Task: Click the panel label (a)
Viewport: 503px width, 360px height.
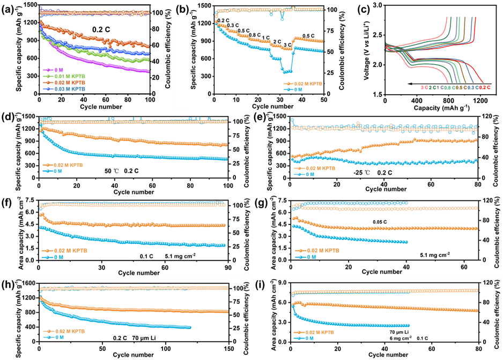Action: click(x=7, y=9)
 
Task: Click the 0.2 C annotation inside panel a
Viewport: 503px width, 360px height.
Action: click(x=101, y=29)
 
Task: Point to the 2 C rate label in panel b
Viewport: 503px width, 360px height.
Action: click(x=277, y=42)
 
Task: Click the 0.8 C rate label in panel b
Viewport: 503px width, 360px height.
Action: click(x=254, y=35)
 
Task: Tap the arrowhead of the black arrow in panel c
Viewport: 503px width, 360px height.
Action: click(x=409, y=84)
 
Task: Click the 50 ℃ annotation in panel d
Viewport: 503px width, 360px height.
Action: click(x=112, y=171)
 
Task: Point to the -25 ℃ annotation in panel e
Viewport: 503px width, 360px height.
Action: click(x=361, y=172)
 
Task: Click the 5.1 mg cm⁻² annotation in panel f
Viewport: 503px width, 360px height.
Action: click(x=180, y=256)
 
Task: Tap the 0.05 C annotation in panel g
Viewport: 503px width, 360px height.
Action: click(x=380, y=222)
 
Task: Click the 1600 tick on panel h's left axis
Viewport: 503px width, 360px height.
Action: click(x=31, y=283)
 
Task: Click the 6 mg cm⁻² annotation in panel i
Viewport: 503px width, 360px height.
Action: click(x=401, y=338)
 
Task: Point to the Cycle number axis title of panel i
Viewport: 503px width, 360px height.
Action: click(x=388, y=355)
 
